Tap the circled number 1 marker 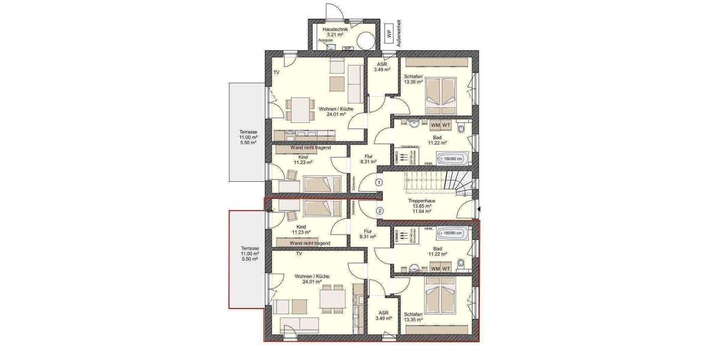pos(379,182)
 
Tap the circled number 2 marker pos(379,211)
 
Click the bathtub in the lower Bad pos(452,233)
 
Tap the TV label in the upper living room pos(277,73)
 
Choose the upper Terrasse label pos(248,137)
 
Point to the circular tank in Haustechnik pos(365,40)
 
